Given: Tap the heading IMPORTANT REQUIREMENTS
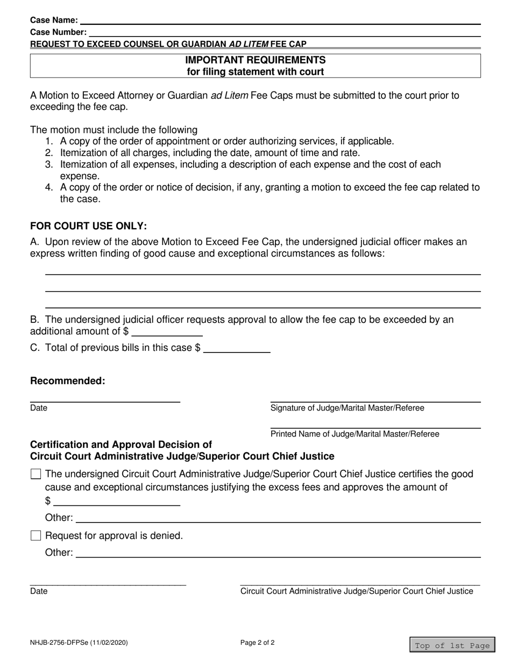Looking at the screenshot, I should [x=255, y=60].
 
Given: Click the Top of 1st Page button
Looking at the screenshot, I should [x=452, y=646].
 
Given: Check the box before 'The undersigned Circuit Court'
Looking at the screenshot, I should [x=36, y=474].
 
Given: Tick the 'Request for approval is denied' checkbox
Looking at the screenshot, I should [x=36, y=536].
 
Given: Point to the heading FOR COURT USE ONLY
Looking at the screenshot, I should [x=88, y=226].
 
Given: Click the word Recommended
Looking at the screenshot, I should [x=68, y=381].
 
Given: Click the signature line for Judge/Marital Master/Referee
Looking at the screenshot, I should [x=375, y=398].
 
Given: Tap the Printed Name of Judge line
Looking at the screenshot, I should [x=375, y=425].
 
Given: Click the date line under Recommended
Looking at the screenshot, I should [x=105, y=398].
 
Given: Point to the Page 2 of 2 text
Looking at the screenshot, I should [x=258, y=643].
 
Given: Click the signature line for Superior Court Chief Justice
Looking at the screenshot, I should [x=359, y=582].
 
